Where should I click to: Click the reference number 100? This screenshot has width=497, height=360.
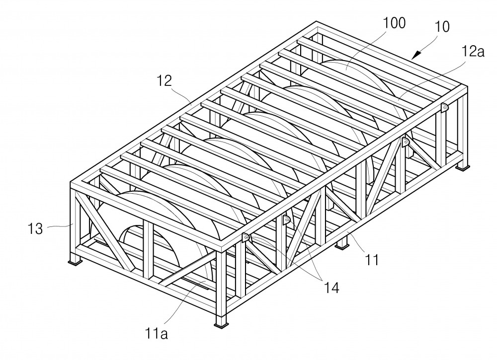click(394, 23)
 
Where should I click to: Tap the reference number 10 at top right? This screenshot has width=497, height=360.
click(442, 27)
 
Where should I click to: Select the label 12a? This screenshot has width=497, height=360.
click(473, 51)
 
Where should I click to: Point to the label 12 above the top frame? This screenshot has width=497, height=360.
click(165, 81)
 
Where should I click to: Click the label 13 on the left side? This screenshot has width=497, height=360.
click(35, 228)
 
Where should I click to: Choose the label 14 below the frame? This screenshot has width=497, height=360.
click(331, 288)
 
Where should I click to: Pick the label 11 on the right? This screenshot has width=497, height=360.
click(372, 260)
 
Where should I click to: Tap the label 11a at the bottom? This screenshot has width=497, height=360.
click(157, 333)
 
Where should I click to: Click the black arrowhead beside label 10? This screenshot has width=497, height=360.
click(416, 55)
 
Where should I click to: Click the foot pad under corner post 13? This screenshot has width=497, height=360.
click(76, 262)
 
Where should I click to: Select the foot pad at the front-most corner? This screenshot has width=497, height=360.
click(221, 325)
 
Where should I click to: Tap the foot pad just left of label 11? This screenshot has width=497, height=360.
click(342, 247)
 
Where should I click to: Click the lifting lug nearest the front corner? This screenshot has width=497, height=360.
click(246, 237)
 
